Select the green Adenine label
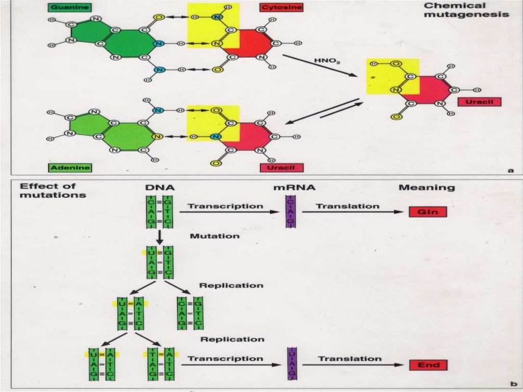coord(70,167)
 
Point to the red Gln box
coord(428,212)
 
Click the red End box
coord(428,365)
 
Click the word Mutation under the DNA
coord(215,236)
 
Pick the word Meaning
coord(426,188)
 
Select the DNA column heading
coord(160,188)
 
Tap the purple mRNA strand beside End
coord(292,364)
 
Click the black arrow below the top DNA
coord(159,237)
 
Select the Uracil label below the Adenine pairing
coord(282,167)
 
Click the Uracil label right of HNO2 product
coord(480,102)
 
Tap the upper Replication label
coord(231,285)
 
